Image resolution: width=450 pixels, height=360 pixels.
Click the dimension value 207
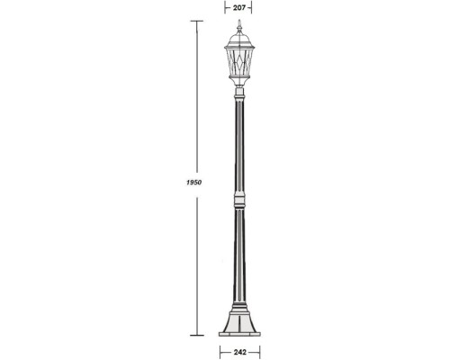[238, 7]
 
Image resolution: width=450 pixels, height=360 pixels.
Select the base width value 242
[238, 352]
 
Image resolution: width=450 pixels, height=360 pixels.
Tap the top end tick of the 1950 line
[195, 20]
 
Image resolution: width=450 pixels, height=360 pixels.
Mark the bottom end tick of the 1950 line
[195, 336]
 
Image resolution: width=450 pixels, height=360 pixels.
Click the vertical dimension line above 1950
[195, 99]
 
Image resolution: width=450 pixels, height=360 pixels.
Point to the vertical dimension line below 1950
[195, 261]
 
